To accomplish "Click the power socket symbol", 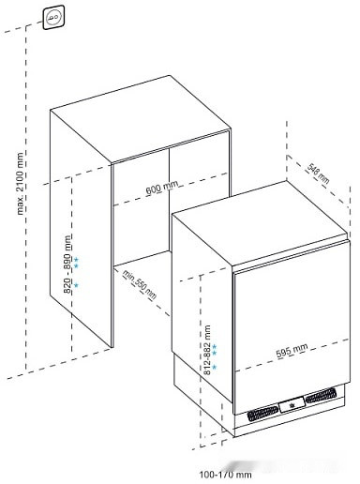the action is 52,14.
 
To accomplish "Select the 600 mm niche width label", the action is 161,189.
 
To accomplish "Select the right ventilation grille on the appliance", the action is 324,397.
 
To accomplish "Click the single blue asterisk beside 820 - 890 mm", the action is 76,283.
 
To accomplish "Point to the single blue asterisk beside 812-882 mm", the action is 214,368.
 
